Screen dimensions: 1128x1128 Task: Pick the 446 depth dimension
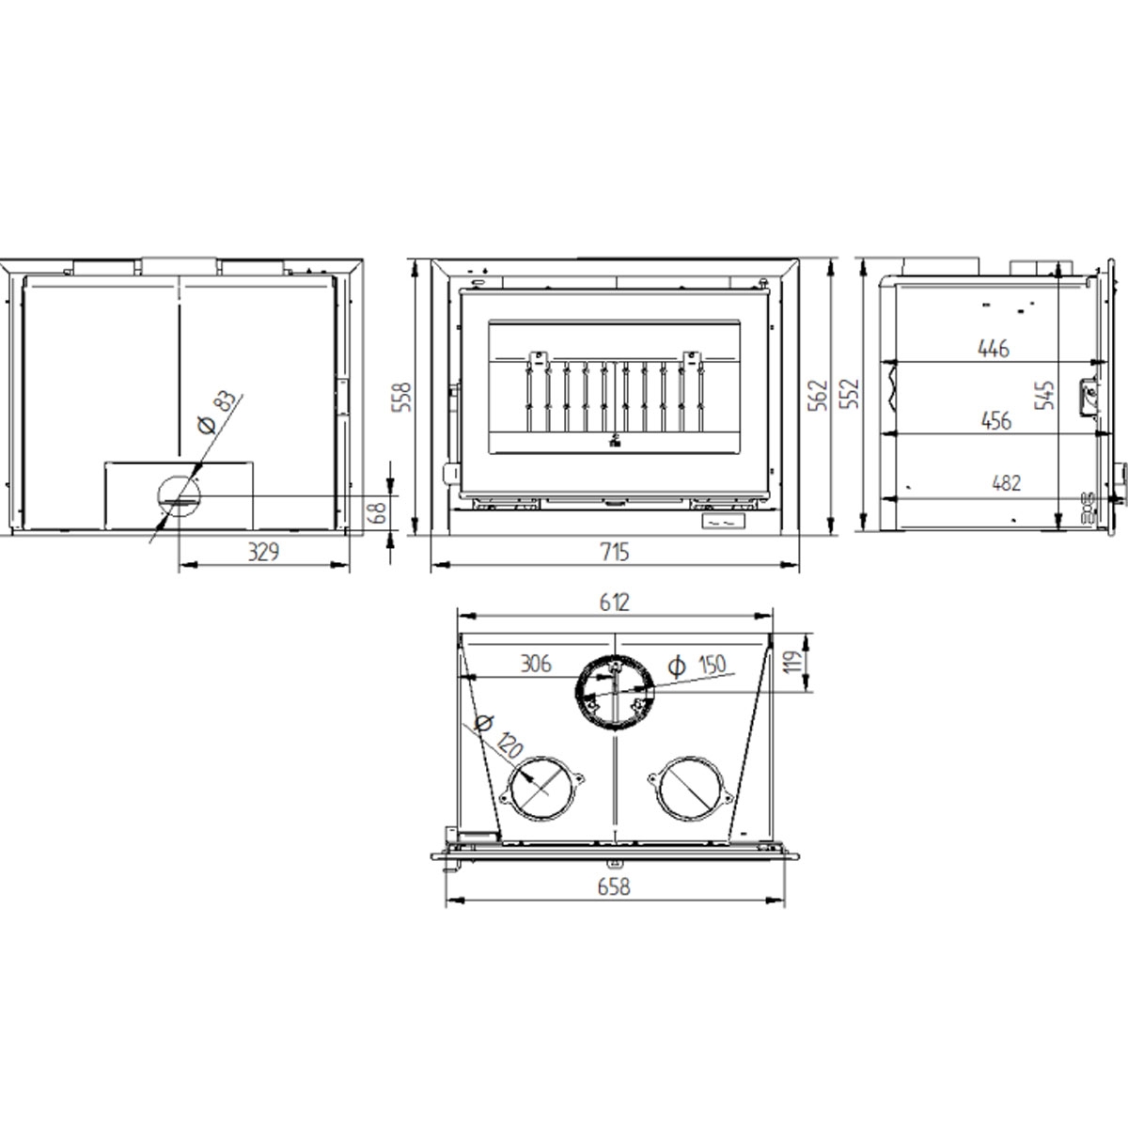(993, 349)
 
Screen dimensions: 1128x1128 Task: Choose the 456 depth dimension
(995, 420)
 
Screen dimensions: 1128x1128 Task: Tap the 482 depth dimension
(1004, 483)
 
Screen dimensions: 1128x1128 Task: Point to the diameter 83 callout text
(215, 414)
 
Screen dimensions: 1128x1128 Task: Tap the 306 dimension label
(535, 664)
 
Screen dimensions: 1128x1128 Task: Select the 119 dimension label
(791, 663)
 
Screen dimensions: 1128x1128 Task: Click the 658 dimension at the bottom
(613, 885)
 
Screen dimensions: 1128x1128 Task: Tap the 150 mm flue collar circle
(613, 693)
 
